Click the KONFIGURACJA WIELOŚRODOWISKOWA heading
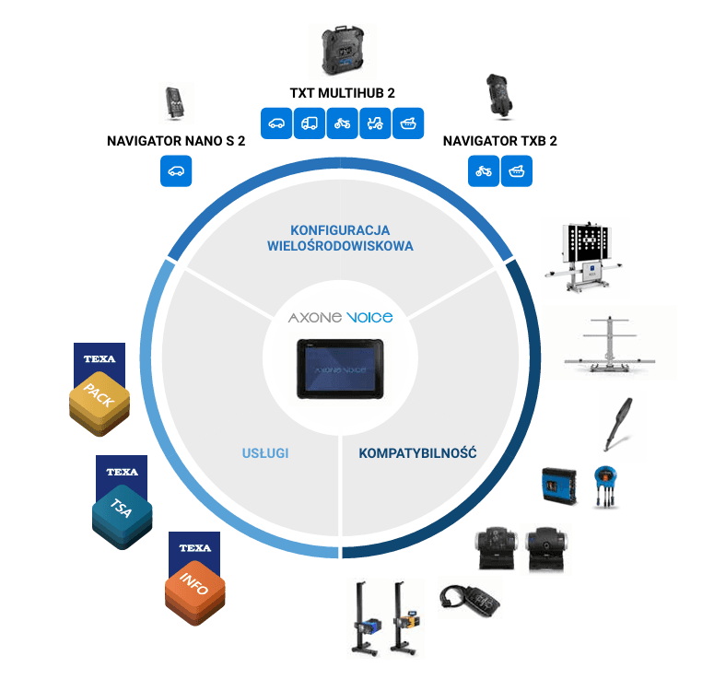pyautogui.click(x=340, y=238)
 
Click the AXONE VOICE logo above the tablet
pyautogui.click(x=340, y=318)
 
